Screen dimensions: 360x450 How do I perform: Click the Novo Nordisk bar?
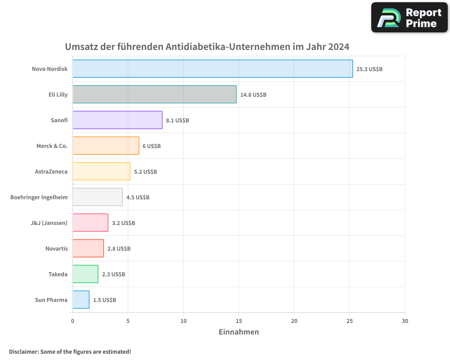coord(212,69)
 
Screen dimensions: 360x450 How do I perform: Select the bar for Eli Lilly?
coord(154,94)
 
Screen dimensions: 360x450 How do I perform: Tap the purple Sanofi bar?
coord(117,120)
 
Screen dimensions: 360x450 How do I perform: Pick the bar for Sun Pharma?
coord(81,300)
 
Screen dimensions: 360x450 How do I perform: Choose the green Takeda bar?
coord(85,274)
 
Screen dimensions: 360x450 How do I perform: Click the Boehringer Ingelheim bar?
coord(97,197)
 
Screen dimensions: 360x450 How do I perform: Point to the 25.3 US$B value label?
coord(369,69)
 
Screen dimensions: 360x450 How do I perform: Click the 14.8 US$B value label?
coord(253,95)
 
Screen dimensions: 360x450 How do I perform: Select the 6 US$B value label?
coord(152,146)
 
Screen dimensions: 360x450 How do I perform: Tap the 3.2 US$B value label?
coord(123,223)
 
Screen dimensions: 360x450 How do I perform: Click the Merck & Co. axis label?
coord(52,146)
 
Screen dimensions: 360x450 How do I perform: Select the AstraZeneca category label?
coord(51,171)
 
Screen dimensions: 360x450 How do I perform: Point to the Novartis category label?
coord(56,248)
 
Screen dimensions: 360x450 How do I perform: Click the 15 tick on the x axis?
coord(239,321)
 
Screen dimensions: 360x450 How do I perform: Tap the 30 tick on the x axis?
coord(405,321)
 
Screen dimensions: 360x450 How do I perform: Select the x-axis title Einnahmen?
coord(238,332)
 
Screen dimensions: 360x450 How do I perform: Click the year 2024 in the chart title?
coord(338,47)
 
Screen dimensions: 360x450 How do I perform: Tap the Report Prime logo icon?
coord(388,18)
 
